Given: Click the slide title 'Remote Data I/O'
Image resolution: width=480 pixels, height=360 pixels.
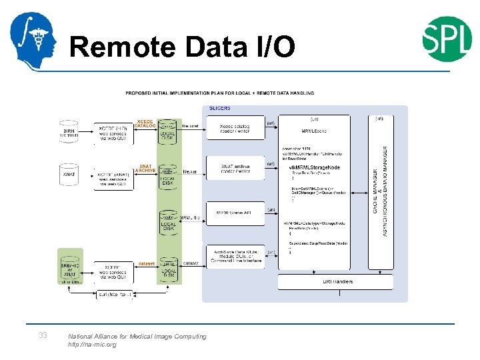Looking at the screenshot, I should [x=181, y=47].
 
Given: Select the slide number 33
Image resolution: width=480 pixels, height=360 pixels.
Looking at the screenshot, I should [x=43, y=335].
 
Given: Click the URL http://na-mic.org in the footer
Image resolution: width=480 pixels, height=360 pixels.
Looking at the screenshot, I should [x=92, y=345].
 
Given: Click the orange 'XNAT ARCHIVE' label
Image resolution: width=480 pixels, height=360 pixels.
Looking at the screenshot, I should [x=145, y=168].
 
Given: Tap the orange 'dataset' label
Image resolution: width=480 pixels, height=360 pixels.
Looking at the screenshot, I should [x=147, y=263].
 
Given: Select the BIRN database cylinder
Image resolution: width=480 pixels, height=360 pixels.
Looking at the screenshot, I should [x=69, y=131].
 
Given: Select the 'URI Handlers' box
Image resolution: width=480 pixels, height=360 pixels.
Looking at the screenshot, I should [x=338, y=282].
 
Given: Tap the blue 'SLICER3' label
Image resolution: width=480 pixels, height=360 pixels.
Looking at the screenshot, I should [x=220, y=108].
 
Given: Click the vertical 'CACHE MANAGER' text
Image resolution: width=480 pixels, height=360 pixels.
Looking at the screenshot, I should [x=375, y=193].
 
